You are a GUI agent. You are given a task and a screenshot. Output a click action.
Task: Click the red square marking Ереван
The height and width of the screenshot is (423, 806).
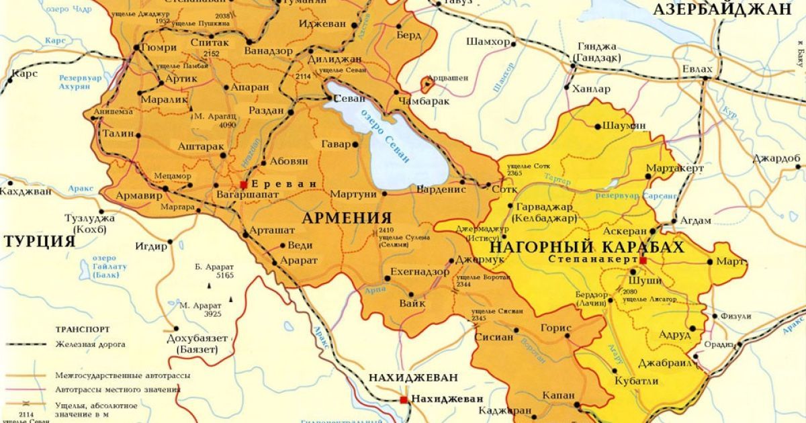244,184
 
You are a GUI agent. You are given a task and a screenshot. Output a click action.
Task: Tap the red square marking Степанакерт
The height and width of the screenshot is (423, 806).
643,260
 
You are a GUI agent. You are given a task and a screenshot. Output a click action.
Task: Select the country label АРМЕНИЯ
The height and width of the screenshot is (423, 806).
347,218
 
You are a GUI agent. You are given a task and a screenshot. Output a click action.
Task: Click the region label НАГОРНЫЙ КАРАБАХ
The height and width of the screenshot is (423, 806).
590,246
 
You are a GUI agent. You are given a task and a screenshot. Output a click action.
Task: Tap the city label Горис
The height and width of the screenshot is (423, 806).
555,328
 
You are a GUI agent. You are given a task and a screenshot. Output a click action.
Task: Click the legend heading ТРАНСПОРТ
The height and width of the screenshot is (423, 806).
83,330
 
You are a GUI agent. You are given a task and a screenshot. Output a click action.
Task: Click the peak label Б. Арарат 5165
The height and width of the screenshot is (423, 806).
214,270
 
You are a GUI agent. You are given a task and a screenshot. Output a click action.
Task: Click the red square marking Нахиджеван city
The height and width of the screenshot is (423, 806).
403,399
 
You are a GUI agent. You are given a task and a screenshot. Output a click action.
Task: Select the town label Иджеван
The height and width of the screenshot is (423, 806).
323,24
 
